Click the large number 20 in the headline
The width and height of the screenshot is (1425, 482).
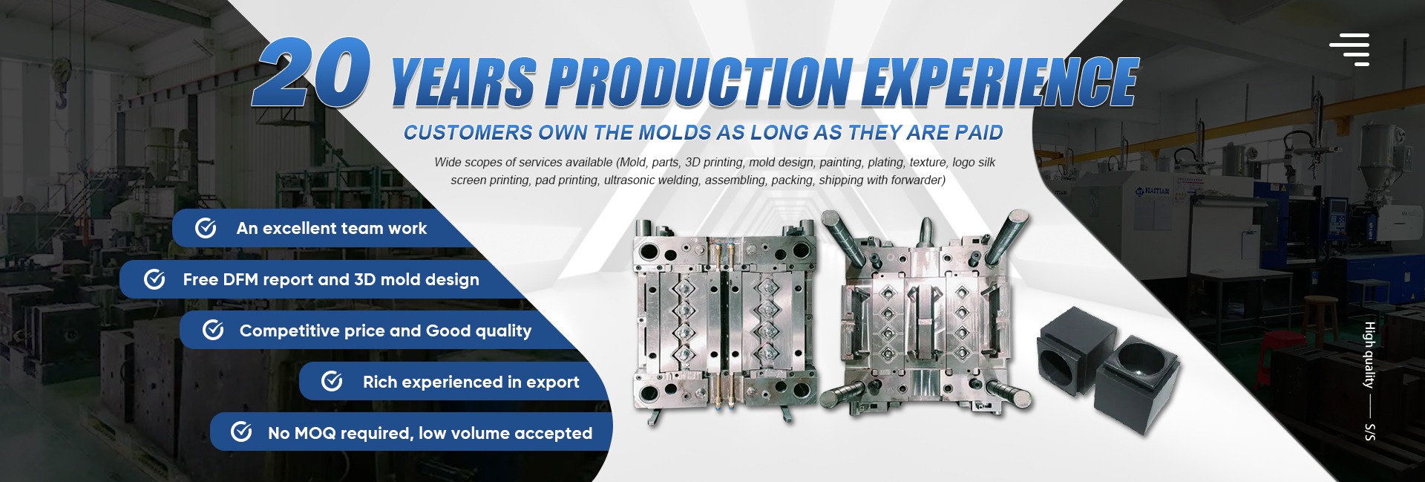click(x=312, y=72)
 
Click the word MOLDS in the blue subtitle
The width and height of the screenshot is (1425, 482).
click(x=675, y=133)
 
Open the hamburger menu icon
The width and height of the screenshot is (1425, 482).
click(x=1349, y=50)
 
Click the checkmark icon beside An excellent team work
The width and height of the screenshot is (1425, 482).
click(x=206, y=228)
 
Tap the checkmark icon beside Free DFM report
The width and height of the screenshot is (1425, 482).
click(x=154, y=279)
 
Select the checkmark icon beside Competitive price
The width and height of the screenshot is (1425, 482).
click(x=213, y=330)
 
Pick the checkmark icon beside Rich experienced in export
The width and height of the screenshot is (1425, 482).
click(x=332, y=381)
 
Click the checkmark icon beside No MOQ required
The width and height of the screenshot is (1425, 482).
click(x=241, y=431)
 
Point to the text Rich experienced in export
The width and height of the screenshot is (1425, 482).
click(x=471, y=382)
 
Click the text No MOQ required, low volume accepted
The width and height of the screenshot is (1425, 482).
click(x=430, y=433)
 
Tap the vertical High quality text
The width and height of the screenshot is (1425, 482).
click(x=1370, y=354)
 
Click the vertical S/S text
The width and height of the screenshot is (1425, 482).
click(x=1370, y=432)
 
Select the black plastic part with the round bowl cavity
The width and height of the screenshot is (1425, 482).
click(x=1137, y=380)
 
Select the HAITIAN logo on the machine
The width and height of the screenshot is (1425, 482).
click(x=1152, y=192)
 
